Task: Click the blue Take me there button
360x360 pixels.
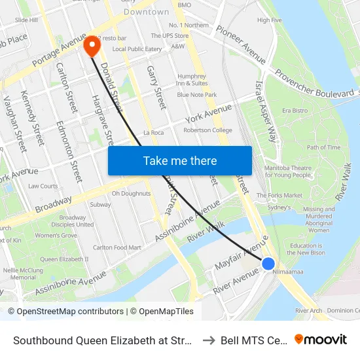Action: point(180,160)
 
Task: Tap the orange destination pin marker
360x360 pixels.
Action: point(92,45)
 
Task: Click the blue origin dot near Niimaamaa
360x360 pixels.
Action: point(268,263)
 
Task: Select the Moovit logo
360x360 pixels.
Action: point(321,340)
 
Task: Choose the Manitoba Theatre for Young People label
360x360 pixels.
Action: point(283,171)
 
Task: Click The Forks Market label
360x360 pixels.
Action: point(279,195)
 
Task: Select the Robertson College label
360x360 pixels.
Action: point(207,130)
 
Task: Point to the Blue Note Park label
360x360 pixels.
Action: point(196,95)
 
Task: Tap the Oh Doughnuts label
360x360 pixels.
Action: point(131,194)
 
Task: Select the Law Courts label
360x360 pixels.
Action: point(43,186)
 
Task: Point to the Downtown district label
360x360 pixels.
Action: point(146,12)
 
